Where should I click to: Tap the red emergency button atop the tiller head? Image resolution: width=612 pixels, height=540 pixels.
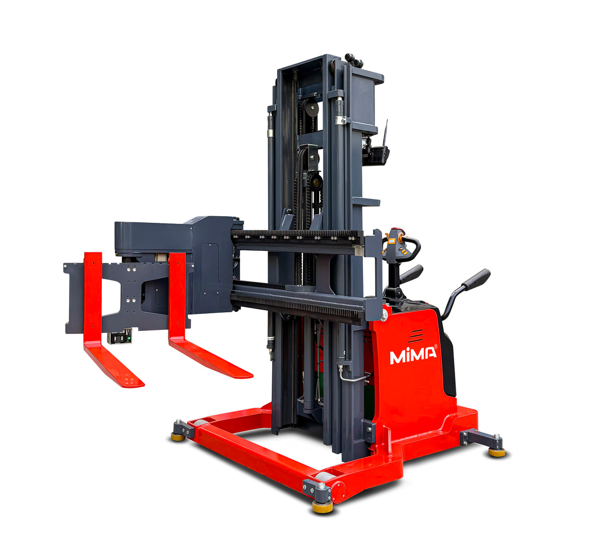(401, 230)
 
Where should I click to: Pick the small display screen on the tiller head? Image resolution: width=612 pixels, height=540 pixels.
(392, 241)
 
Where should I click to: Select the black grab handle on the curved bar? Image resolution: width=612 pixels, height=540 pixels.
(475, 279)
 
